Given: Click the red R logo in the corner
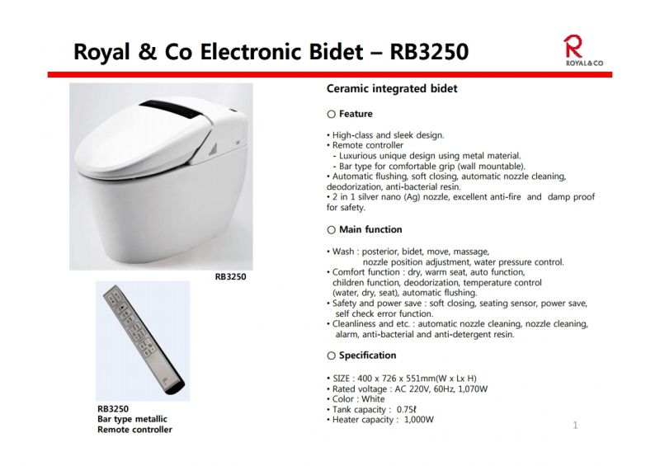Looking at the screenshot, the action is pyautogui.click(x=573, y=46).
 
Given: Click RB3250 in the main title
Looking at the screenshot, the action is pyautogui.click(x=429, y=51).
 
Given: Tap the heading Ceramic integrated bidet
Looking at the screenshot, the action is pyautogui.click(x=392, y=89).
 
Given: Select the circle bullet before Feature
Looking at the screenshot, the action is pyautogui.click(x=332, y=114).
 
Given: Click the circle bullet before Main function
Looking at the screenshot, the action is pyautogui.click(x=332, y=230).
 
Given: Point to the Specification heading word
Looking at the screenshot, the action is pyautogui.click(x=367, y=355).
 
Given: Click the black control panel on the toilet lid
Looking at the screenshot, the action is pyautogui.click(x=172, y=109).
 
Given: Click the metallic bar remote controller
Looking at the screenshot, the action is pyautogui.click(x=144, y=340).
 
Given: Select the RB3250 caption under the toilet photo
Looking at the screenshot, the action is pyautogui.click(x=231, y=276).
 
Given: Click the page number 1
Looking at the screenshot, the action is pyautogui.click(x=575, y=425).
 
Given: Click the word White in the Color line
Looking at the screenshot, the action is pyautogui.click(x=373, y=399).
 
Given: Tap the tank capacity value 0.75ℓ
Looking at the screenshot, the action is pyautogui.click(x=407, y=410).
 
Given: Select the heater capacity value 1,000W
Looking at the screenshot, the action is pyautogui.click(x=419, y=420).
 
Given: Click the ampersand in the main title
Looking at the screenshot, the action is pyautogui.click(x=147, y=51).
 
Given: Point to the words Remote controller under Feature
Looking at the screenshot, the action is pyautogui.click(x=368, y=145).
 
